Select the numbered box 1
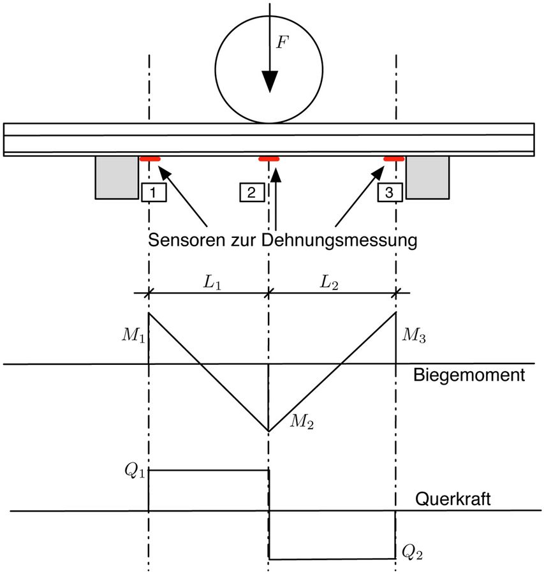click(x=154, y=192)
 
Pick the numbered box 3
click(x=390, y=192)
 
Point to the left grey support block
click(x=117, y=177)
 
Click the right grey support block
click(x=427, y=177)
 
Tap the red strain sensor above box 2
click(x=269, y=159)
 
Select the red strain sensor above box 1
click(x=151, y=159)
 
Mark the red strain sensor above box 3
click(x=393, y=159)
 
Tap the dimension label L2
click(x=331, y=280)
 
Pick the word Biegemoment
click(x=468, y=374)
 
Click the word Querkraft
click(x=453, y=499)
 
